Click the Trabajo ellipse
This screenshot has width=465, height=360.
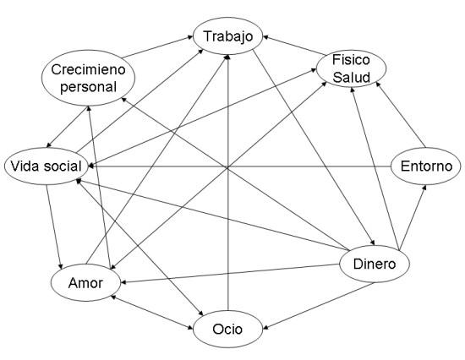click(227, 36)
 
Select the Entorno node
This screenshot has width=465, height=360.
click(426, 166)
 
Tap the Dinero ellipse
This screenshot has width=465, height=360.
click(375, 264)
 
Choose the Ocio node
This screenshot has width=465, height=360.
click(227, 329)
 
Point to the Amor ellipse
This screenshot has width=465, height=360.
click(85, 282)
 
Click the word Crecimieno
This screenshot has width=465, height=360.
click(88, 69)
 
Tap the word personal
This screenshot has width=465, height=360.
click(88, 87)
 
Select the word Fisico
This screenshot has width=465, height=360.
click(351, 60)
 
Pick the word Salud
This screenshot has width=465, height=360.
click(351, 77)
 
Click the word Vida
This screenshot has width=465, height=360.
click(25, 166)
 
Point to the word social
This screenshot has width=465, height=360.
click(63, 166)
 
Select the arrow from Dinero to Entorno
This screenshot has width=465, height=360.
click(413, 218)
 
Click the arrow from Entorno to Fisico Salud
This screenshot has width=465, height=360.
click(401, 114)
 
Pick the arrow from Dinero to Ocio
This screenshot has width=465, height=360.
click(319, 305)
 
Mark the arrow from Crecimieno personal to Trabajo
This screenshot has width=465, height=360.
click(157, 46)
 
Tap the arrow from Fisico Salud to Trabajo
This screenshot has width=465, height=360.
click(294, 46)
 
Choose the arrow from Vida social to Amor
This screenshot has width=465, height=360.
click(54, 226)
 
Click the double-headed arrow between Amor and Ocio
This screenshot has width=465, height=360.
click(151, 312)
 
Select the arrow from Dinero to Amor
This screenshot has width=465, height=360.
click(231, 274)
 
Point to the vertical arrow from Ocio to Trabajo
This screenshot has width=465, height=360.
click(227, 183)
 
